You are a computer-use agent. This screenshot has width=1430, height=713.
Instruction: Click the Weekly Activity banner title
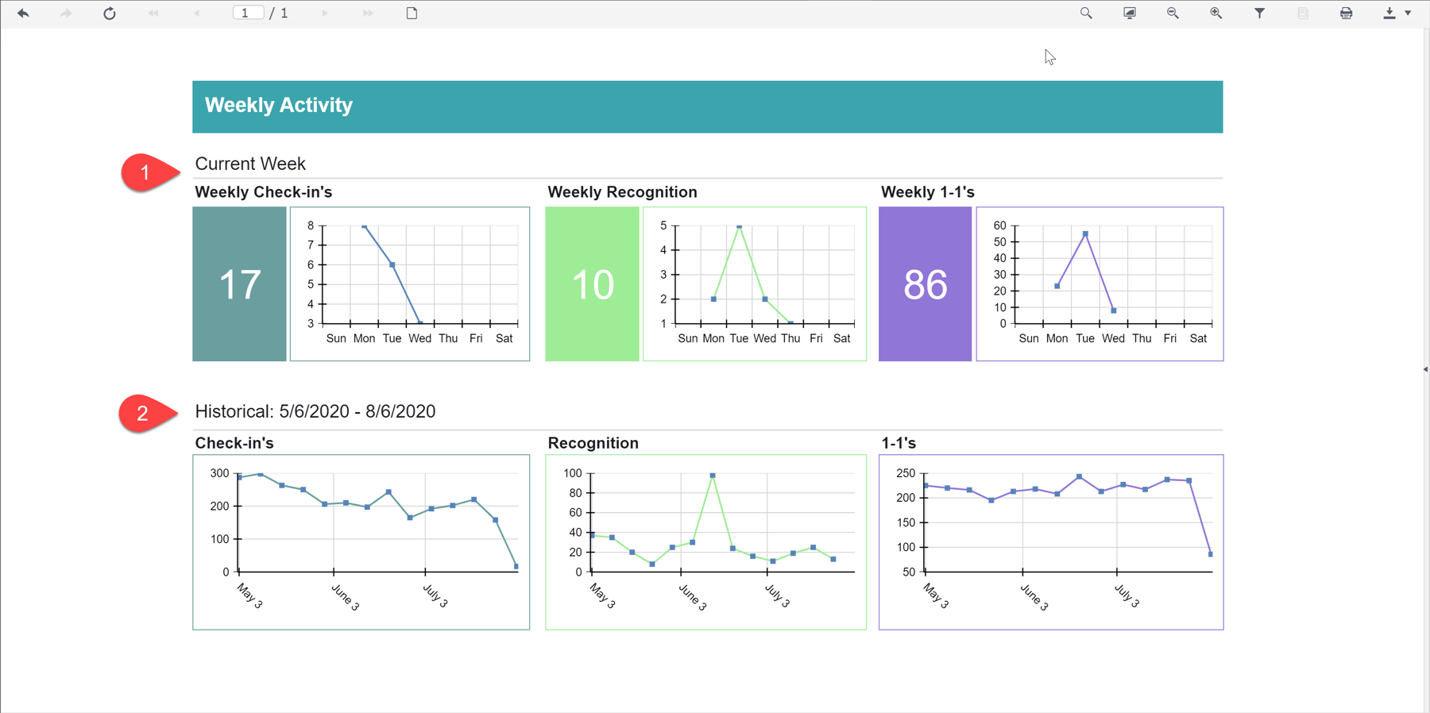point(279,106)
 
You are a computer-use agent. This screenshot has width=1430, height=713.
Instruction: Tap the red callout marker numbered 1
point(145,172)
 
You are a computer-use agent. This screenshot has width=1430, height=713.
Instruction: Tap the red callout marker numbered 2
point(143,413)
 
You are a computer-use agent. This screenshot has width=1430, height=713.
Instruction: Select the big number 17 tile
point(239,284)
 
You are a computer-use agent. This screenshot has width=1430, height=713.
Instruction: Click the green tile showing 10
point(592,284)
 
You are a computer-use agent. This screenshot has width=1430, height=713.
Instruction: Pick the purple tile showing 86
point(925,284)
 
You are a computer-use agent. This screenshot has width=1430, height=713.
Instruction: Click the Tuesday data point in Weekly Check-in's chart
point(392,265)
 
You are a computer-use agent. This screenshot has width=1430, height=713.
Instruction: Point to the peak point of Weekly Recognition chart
point(739,226)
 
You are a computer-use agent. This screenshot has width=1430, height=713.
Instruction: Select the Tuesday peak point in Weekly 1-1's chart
point(1085,234)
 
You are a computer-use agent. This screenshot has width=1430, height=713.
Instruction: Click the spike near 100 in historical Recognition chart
point(713,476)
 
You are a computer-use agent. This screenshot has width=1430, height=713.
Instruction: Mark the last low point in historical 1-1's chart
point(1210,554)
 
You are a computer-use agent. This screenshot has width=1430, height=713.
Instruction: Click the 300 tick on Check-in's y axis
point(219,473)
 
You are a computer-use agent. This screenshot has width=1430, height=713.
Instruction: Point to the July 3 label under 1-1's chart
point(1127,596)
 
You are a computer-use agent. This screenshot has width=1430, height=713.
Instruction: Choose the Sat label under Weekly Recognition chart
point(841,338)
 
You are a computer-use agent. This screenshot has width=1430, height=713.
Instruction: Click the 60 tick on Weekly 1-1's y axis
point(999,225)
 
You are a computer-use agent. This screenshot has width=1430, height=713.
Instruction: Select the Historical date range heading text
point(315,411)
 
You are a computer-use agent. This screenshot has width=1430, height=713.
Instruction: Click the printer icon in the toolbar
point(1346,13)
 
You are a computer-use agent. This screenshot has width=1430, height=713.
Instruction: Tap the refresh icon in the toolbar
point(110,13)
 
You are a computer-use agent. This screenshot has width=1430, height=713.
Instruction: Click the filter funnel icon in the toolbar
point(1259,13)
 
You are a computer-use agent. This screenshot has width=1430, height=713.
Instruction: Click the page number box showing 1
point(247,13)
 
